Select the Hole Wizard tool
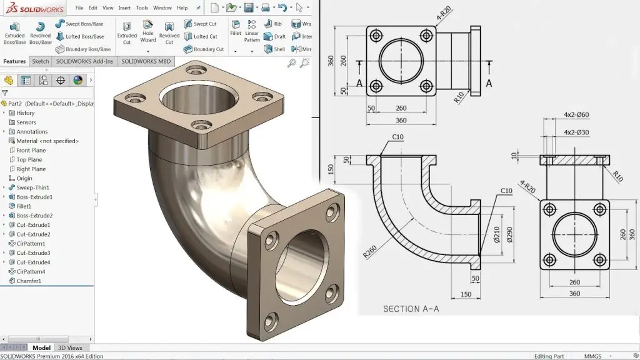148,31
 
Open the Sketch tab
41,61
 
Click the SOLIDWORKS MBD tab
146,61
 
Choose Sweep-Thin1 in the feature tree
32,187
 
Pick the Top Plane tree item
30,159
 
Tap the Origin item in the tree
24,178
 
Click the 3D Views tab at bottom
70,348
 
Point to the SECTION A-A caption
411,309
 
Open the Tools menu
142,8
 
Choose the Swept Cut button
201,24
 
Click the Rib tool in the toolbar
274,24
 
